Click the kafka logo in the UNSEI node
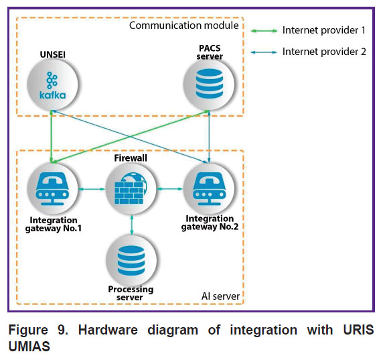52,86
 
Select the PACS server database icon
209,84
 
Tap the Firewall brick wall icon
131,188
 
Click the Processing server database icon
131,261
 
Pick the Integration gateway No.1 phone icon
52,189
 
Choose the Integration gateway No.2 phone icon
209,189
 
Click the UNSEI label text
53,54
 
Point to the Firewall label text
131,158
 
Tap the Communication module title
183,25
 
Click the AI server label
220,296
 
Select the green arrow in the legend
264,31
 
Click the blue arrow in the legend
264,52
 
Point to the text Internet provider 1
324,30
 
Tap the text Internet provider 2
324,52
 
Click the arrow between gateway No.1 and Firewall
92,189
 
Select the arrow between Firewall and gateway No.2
170,188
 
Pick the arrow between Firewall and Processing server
132,225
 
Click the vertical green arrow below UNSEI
52,137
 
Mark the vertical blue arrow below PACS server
209,137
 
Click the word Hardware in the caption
108,330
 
